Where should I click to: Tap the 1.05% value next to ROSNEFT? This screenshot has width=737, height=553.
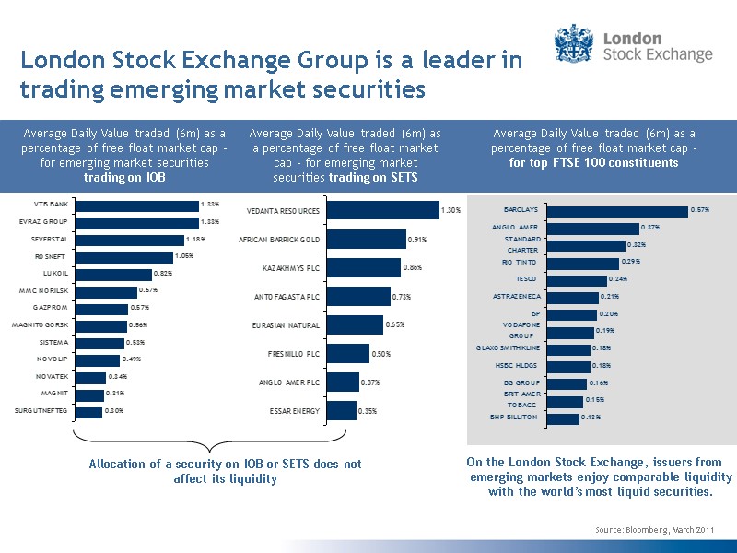click(x=183, y=257)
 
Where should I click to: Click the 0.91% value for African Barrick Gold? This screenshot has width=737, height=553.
click(x=415, y=240)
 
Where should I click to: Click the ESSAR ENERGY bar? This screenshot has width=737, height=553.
click(x=342, y=411)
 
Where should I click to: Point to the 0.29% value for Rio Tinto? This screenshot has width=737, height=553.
click(x=630, y=262)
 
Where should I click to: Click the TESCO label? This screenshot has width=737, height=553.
click(x=525, y=278)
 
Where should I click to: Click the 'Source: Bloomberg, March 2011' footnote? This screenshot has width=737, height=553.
click(x=654, y=528)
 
